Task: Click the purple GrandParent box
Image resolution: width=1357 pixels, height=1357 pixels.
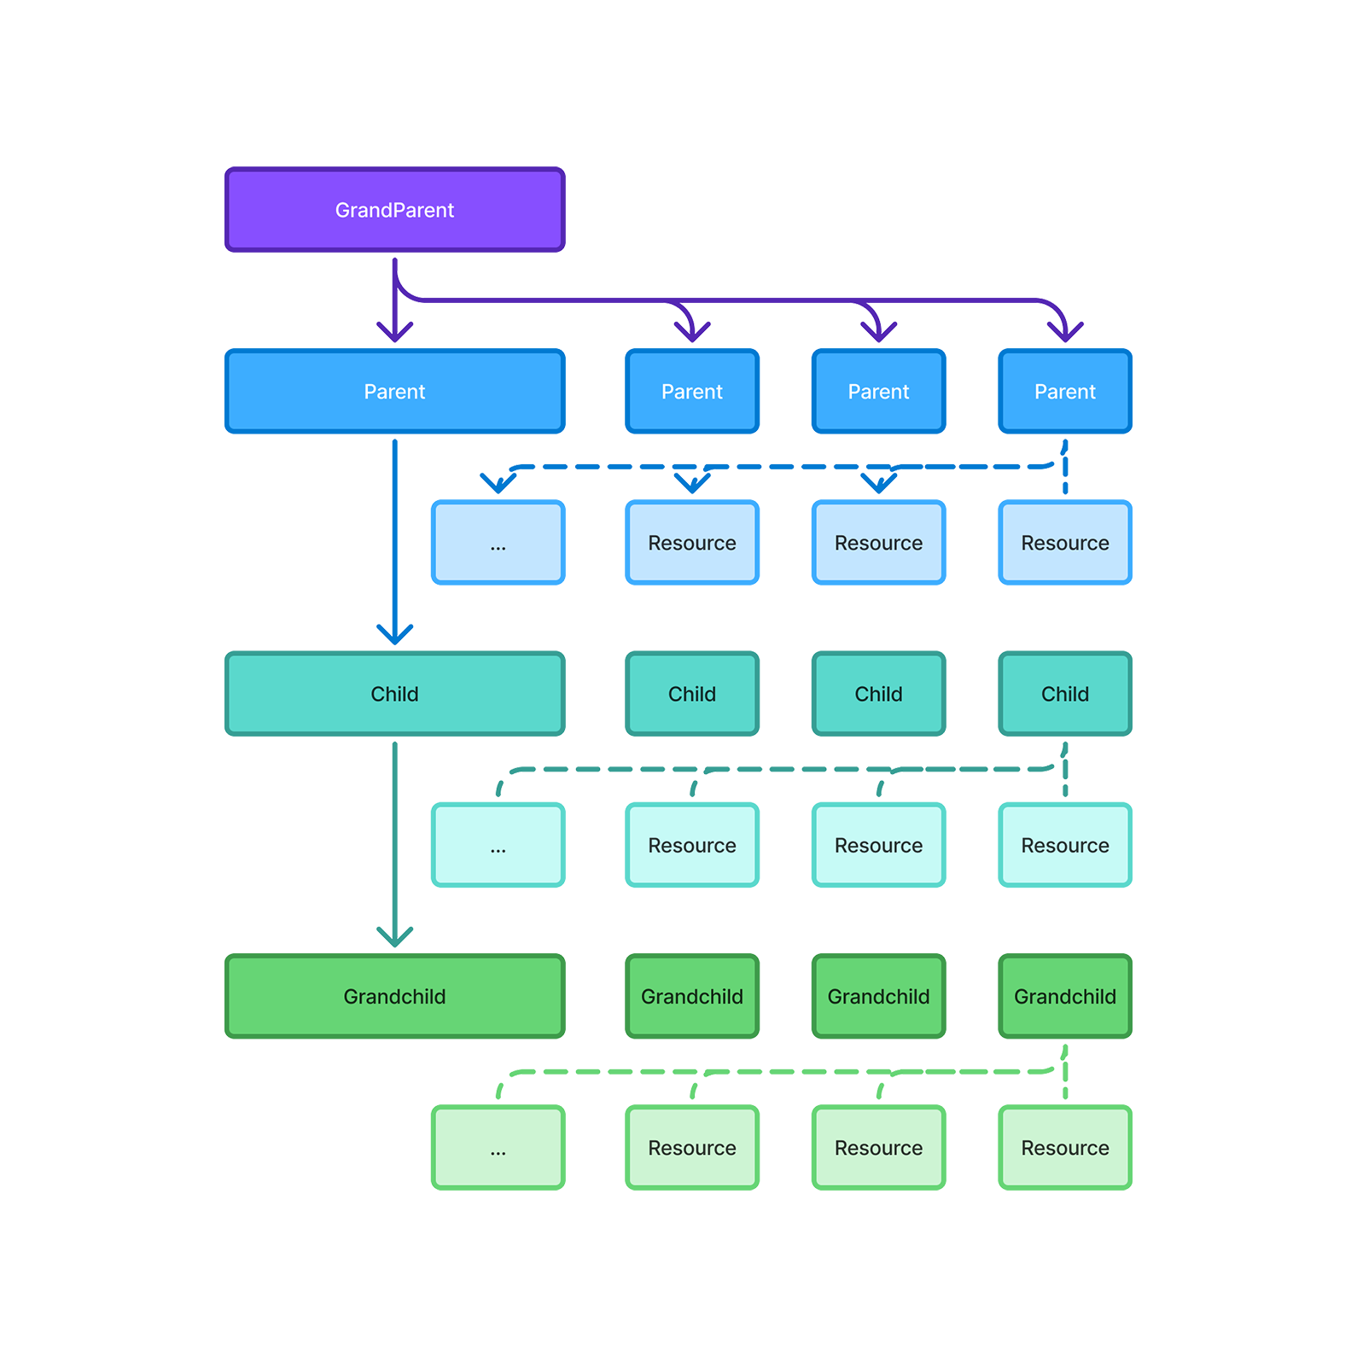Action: pyautogui.click(x=394, y=210)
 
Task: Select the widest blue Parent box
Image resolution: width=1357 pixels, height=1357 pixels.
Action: pyautogui.click(x=394, y=392)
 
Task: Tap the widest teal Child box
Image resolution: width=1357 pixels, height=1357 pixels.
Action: pyautogui.click(x=394, y=694)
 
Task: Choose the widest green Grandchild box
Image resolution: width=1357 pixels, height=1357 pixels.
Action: pyautogui.click(x=394, y=997)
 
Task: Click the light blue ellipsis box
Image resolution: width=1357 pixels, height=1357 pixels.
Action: pyautogui.click(x=498, y=544)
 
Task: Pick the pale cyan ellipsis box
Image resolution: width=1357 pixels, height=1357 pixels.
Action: pyautogui.click(x=498, y=846)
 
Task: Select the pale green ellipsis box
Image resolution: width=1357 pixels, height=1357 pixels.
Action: pyautogui.click(x=498, y=1149)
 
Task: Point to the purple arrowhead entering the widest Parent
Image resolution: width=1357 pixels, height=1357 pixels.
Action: pyautogui.click(x=395, y=333)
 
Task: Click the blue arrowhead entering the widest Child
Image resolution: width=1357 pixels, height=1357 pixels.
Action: pyautogui.click(x=394, y=635)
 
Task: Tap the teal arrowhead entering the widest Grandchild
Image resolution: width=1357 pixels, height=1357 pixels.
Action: pyautogui.click(x=394, y=938)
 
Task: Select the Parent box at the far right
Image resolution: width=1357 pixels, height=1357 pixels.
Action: pyautogui.click(x=1065, y=392)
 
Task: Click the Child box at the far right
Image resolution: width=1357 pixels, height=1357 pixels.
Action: pyautogui.click(x=1065, y=694)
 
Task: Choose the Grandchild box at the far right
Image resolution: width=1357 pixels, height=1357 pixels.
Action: pyautogui.click(x=1065, y=997)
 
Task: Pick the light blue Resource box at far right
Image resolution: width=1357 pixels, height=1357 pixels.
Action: pyautogui.click(x=1065, y=544)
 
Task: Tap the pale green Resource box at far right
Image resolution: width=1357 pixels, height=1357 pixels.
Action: pyautogui.click(x=1065, y=1149)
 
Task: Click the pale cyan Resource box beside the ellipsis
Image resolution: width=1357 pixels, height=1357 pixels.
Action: pyautogui.click(x=692, y=846)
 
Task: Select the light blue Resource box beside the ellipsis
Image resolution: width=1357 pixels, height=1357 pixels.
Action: pyautogui.click(x=692, y=544)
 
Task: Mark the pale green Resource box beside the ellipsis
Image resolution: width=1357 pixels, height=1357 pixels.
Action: pyautogui.click(x=692, y=1149)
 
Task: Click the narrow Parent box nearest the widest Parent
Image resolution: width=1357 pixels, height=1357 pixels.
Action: pyautogui.click(x=692, y=392)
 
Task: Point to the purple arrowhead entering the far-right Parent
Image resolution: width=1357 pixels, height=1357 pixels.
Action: pyautogui.click(x=1066, y=333)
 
